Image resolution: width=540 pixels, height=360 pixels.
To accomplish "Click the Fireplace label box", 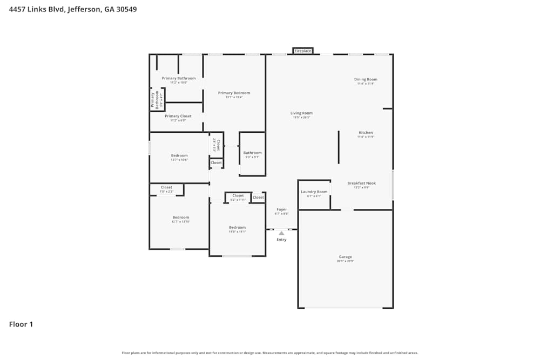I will click(x=303, y=51).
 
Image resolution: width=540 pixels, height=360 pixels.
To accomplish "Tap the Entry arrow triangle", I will click(x=281, y=233).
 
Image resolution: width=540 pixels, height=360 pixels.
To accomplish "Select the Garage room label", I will click(x=345, y=257).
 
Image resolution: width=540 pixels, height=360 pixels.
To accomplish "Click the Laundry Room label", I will click(x=314, y=192).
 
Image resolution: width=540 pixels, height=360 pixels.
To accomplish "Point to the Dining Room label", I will click(x=366, y=79).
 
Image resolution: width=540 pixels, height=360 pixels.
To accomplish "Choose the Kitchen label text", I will click(x=366, y=132).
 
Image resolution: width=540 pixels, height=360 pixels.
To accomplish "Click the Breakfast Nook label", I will click(x=361, y=183).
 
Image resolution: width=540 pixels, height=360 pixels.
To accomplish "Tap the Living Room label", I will click(x=301, y=113).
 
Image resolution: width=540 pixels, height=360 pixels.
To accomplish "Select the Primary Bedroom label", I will click(x=234, y=93).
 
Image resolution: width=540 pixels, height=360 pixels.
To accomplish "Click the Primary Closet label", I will click(x=178, y=116).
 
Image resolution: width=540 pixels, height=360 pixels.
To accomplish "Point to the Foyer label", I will click(x=281, y=209).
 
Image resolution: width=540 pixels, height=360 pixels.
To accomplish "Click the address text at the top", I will click(x=73, y=9).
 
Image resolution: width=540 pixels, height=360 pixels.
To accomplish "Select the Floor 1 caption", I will click(x=21, y=324).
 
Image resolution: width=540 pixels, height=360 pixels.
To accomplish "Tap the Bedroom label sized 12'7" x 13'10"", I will click(x=180, y=218).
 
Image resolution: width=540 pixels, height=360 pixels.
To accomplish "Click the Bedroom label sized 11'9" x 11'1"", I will click(x=237, y=227).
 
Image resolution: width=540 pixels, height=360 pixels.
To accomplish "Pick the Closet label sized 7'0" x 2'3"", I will click(x=166, y=187).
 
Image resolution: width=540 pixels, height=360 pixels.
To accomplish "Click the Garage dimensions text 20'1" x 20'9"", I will click(x=345, y=261).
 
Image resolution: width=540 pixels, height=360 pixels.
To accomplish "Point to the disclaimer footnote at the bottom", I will click(x=270, y=353).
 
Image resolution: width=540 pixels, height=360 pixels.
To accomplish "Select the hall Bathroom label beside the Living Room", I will click(x=252, y=153).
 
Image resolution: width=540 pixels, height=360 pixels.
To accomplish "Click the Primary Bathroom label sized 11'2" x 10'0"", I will click(x=179, y=78).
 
